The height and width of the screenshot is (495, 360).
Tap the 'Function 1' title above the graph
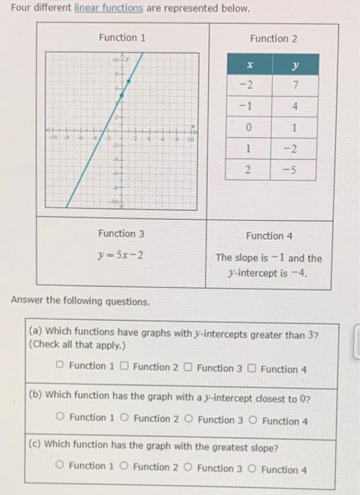click(x=122, y=37)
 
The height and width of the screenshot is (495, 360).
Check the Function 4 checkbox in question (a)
click(x=253, y=368)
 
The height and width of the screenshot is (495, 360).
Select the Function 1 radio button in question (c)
click(x=61, y=466)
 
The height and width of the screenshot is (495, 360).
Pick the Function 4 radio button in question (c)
click(x=252, y=468)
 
